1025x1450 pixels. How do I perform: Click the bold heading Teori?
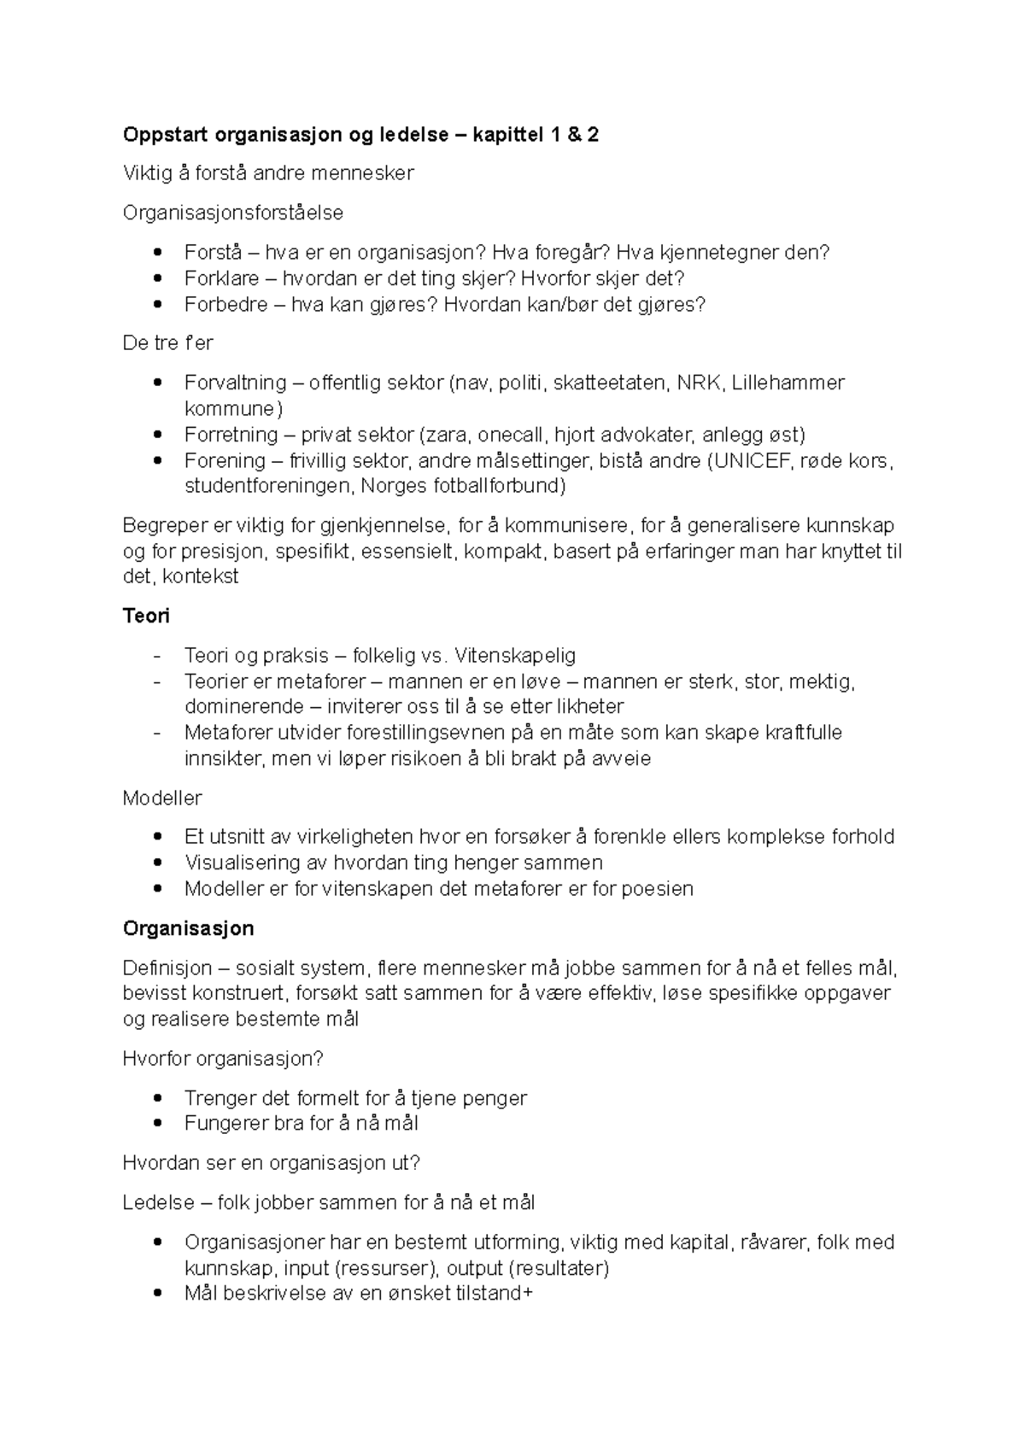pos(146,616)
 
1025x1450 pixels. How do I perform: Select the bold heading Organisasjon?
pos(188,928)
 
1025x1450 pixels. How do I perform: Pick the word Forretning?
pos(231,435)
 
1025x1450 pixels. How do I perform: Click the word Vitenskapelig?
pos(515,656)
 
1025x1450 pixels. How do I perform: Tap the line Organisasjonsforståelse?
pos(232,213)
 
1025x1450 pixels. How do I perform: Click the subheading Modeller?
pos(162,798)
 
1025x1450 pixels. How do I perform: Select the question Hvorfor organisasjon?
pos(223,1059)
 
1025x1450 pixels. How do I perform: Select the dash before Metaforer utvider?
pos(155,733)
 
